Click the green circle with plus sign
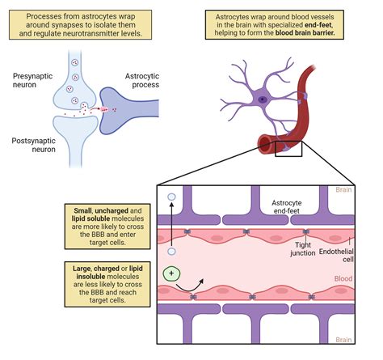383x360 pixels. click(170, 273)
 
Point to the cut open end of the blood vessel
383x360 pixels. click(266, 145)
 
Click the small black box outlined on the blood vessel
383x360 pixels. click(288, 146)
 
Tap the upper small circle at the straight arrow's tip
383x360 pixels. click(171, 197)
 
